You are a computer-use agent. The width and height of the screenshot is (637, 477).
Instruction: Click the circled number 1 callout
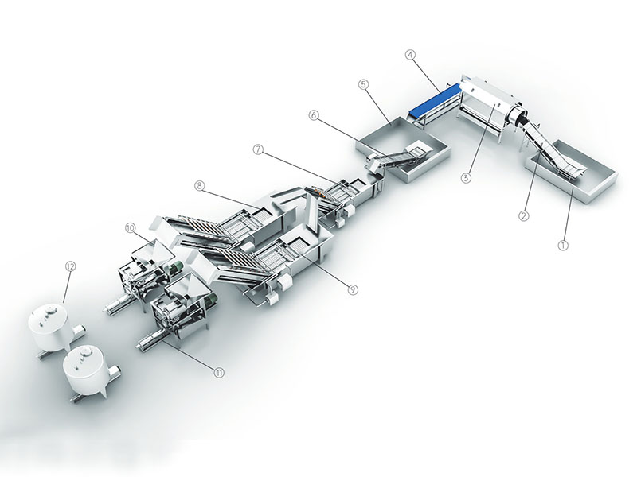point(563,245)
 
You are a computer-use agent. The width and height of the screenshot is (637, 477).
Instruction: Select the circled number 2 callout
point(524,215)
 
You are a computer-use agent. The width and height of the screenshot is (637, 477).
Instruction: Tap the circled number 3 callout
point(466,177)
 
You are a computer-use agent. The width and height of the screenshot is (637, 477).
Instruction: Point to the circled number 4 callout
point(411,55)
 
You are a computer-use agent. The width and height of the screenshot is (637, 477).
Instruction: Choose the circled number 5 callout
point(364,84)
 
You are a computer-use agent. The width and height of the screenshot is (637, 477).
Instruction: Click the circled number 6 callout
point(313,115)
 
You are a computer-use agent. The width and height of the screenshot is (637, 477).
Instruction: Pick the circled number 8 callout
point(198,186)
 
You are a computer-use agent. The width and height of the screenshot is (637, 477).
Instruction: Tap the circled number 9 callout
point(353,289)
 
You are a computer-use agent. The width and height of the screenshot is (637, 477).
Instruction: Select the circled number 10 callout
point(130,228)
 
